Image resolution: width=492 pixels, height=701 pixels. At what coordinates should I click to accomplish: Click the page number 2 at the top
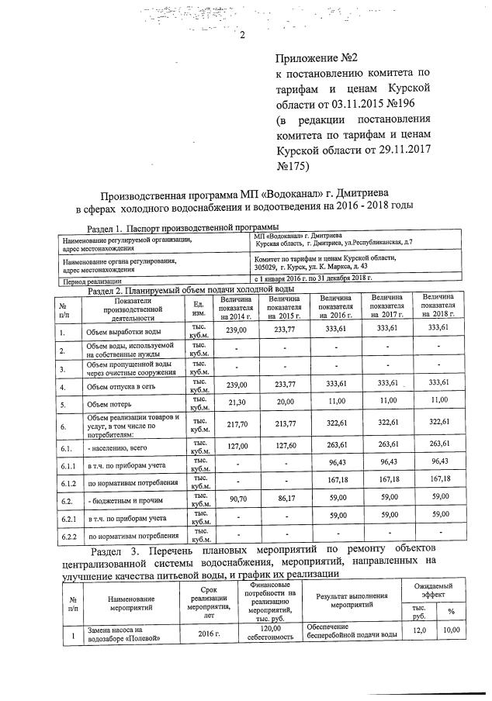point(243,35)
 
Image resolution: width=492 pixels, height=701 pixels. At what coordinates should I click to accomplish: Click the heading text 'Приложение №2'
point(317,59)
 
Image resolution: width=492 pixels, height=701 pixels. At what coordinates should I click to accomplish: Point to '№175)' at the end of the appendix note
point(293,165)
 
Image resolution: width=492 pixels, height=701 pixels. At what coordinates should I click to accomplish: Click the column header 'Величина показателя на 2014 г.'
point(234,309)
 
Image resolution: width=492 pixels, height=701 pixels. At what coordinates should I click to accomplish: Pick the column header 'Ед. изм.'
point(198,308)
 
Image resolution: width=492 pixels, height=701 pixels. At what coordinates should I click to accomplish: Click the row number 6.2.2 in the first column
point(68,536)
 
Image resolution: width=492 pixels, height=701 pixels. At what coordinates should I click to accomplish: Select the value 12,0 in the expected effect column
point(418,632)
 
